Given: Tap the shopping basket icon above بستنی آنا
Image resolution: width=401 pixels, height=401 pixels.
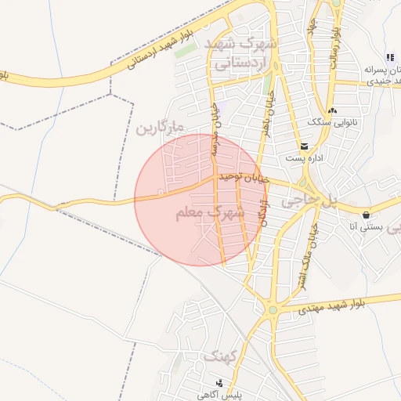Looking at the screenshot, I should [x=366, y=215].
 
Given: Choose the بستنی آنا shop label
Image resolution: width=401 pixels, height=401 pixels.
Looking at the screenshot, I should [x=367, y=227].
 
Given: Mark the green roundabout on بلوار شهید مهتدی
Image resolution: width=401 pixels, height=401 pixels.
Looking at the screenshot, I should [x=273, y=310].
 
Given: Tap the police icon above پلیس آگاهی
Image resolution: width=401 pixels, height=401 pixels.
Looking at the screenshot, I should [x=219, y=384].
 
